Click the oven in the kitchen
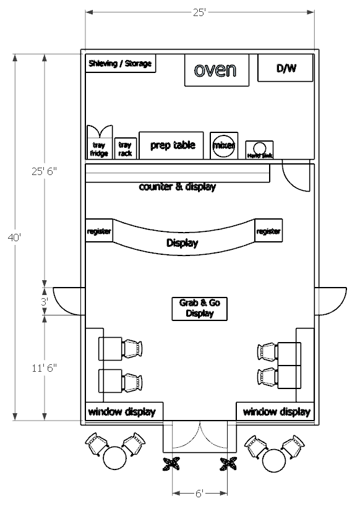point(216,70)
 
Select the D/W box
point(286,69)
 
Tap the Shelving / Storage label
point(120,64)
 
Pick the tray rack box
point(125,148)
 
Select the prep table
point(173,145)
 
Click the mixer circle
point(223,145)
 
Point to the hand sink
point(260,150)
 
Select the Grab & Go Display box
point(200,308)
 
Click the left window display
point(122,412)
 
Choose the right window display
point(275,412)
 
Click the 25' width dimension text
point(199,12)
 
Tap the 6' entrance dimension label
point(199,493)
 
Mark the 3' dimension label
point(44,302)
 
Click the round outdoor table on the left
point(114,459)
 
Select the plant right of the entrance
point(229,464)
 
